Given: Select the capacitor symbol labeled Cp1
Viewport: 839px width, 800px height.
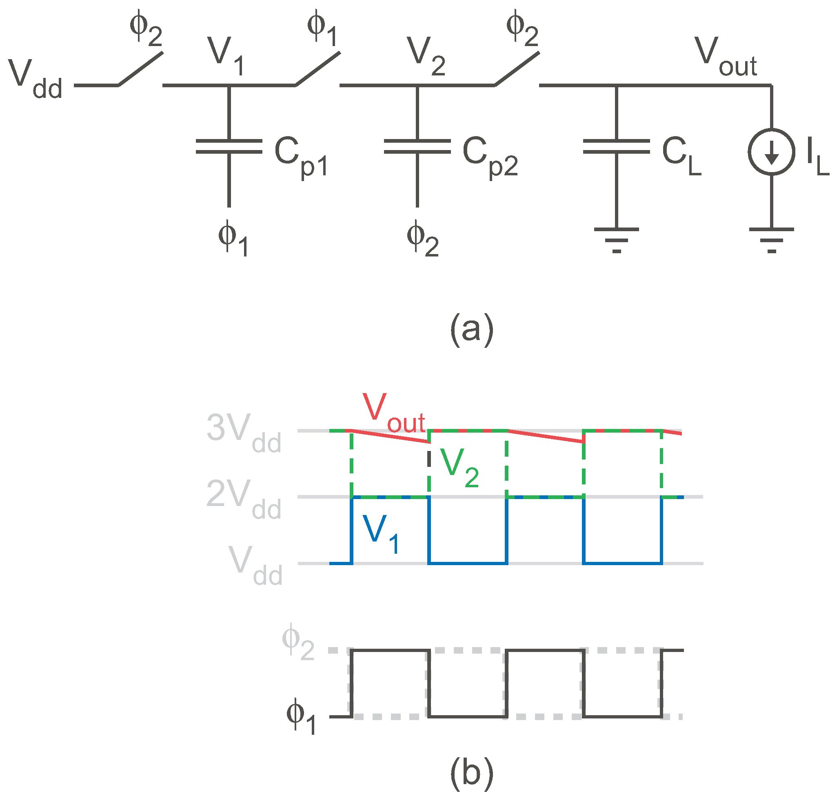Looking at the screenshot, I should pos(229,146).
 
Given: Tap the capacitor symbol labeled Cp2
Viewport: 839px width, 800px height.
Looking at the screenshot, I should pos(417,146).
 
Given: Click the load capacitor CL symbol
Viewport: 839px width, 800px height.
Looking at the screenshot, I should pos(616,146).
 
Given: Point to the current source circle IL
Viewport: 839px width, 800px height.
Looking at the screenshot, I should pos(771,151).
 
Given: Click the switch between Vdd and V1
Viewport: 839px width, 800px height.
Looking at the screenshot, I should pos(140,69).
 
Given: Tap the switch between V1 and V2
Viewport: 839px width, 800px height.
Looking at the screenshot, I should pos(317,69).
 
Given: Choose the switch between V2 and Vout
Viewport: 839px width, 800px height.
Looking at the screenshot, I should pos(516,69).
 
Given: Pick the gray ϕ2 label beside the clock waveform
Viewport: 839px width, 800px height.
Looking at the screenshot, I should pos(297,642).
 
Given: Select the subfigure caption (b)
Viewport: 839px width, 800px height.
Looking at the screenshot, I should pos(471,772).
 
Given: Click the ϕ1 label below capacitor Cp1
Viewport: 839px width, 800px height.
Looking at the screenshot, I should pos(233,238).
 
